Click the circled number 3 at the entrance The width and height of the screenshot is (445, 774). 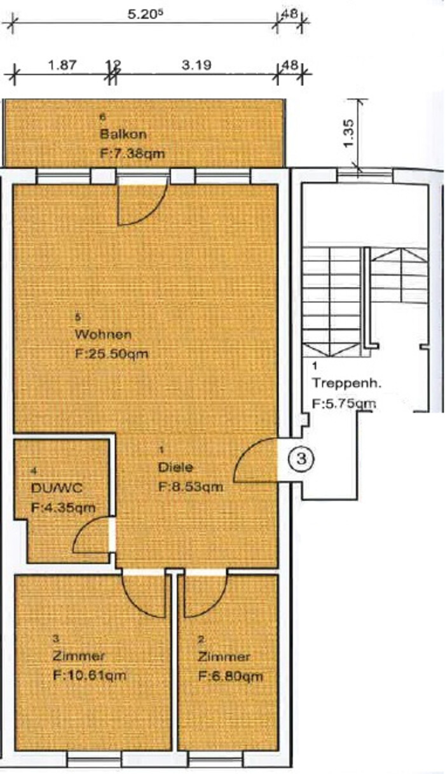coord(301,459)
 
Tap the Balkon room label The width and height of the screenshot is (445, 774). coord(123,134)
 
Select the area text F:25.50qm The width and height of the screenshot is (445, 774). coord(112,354)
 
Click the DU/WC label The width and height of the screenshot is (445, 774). coord(57,488)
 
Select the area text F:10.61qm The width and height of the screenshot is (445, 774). coord(90,675)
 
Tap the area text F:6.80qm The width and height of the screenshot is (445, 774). coord(231,676)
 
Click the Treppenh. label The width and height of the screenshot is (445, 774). coord(346,383)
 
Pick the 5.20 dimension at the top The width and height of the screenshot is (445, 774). coord(146,14)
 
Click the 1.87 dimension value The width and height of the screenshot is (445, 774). coord(62,65)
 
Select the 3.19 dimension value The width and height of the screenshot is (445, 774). coord(196,65)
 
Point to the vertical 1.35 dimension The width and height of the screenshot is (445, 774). coord(349,133)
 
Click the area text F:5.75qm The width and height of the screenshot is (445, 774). coord(344,404)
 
